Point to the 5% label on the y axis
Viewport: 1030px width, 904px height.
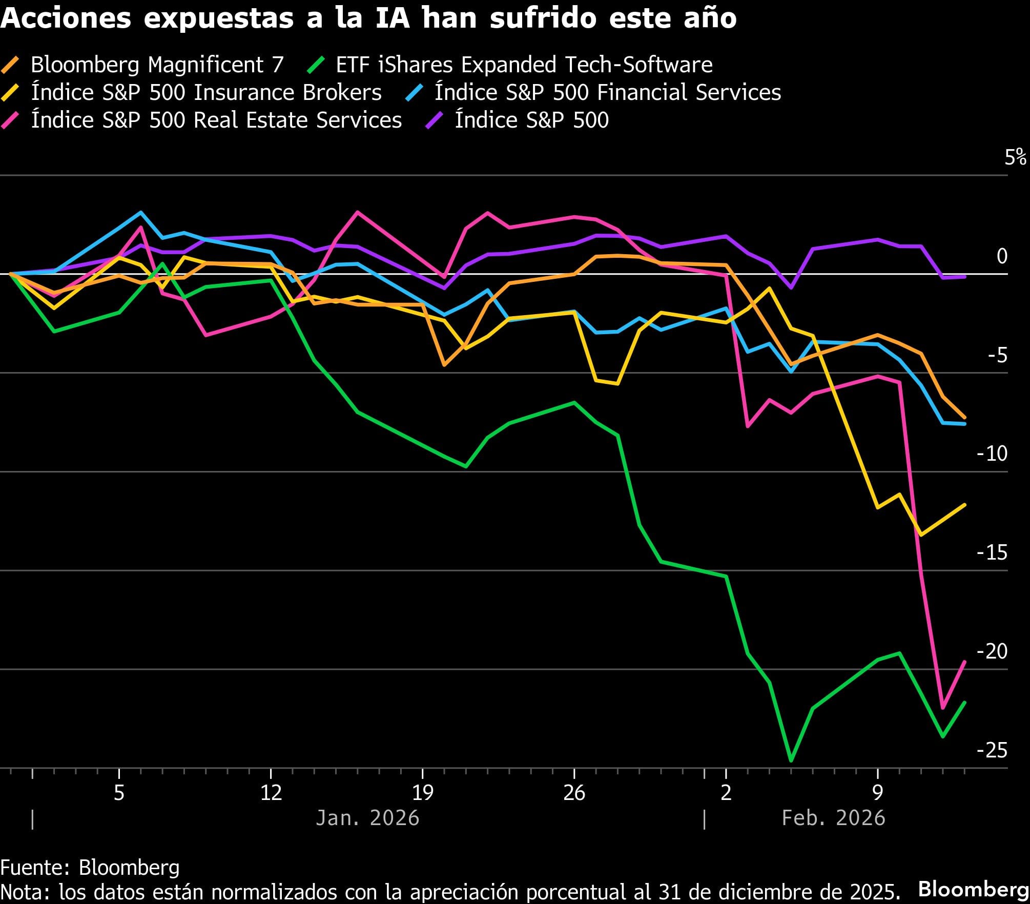[1015, 157]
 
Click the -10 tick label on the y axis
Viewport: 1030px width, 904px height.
[992, 454]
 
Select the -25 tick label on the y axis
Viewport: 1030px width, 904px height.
[992, 750]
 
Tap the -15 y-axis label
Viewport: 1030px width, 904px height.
[992, 552]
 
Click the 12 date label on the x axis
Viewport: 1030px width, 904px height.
[271, 793]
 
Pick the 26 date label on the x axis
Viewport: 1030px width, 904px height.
[574, 793]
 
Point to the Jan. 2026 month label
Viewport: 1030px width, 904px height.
[367, 818]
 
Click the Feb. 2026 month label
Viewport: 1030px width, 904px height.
[833, 818]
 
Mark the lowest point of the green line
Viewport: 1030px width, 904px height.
[791, 761]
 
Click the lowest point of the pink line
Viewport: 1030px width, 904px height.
[942, 708]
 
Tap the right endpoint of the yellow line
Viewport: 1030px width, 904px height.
[965, 505]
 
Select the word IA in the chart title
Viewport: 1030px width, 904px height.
[392, 18]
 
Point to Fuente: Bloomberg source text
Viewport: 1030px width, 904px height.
[90, 868]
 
